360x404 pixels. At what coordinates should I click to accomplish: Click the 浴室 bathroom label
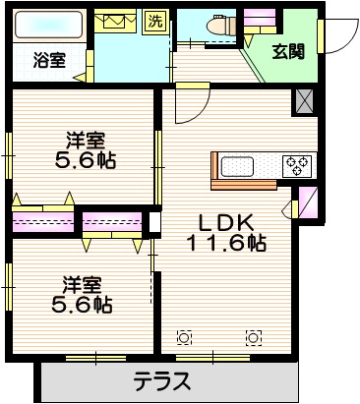tap(50, 59)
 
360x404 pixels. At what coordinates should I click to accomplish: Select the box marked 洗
tap(156, 21)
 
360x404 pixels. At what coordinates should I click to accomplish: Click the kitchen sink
tap(240, 166)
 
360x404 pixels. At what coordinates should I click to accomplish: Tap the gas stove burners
tap(297, 166)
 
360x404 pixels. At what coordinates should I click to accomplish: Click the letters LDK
tap(228, 220)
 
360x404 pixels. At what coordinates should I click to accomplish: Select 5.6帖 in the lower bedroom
tap(83, 305)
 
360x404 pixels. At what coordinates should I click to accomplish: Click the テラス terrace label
tap(161, 381)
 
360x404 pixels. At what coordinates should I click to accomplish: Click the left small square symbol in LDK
tap(183, 339)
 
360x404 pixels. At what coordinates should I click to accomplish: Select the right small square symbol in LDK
tap(254, 339)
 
